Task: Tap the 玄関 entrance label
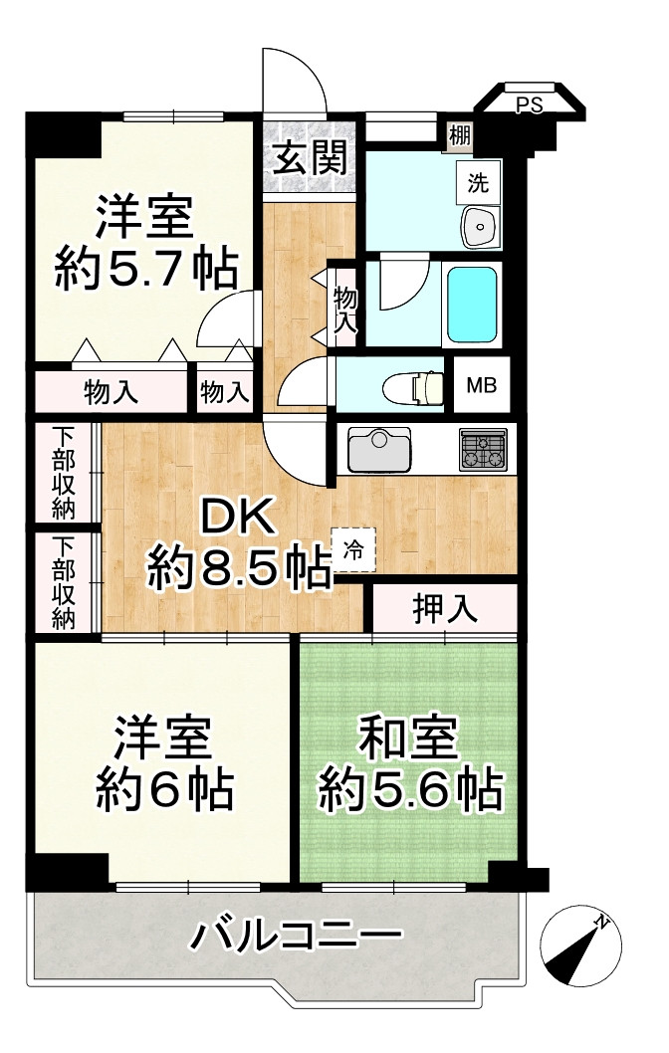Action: click(x=310, y=158)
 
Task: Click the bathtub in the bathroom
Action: click(x=473, y=304)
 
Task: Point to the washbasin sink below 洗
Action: click(x=480, y=227)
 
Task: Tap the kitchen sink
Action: click(x=379, y=449)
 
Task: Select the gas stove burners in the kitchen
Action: click(x=483, y=449)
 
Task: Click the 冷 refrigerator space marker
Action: click(x=354, y=546)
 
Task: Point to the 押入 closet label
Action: click(x=445, y=608)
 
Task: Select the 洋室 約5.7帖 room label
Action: click(x=145, y=244)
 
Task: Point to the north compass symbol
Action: click(x=581, y=946)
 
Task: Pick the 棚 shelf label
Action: click(x=459, y=134)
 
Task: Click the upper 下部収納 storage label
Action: click(x=63, y=472)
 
